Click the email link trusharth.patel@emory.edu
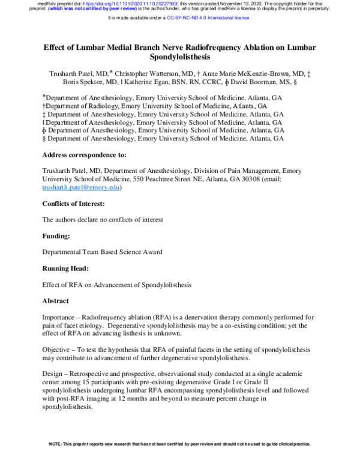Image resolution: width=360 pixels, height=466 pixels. coord(81,187)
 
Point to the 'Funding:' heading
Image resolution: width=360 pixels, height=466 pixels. coord(57,236)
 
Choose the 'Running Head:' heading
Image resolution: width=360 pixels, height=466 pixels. coord(67,268)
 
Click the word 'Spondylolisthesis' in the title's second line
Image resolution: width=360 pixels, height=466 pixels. coord(179,58)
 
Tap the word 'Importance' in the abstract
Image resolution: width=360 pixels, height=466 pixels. coord(62,317)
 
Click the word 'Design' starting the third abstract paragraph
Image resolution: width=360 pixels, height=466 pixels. coord(54,373)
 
